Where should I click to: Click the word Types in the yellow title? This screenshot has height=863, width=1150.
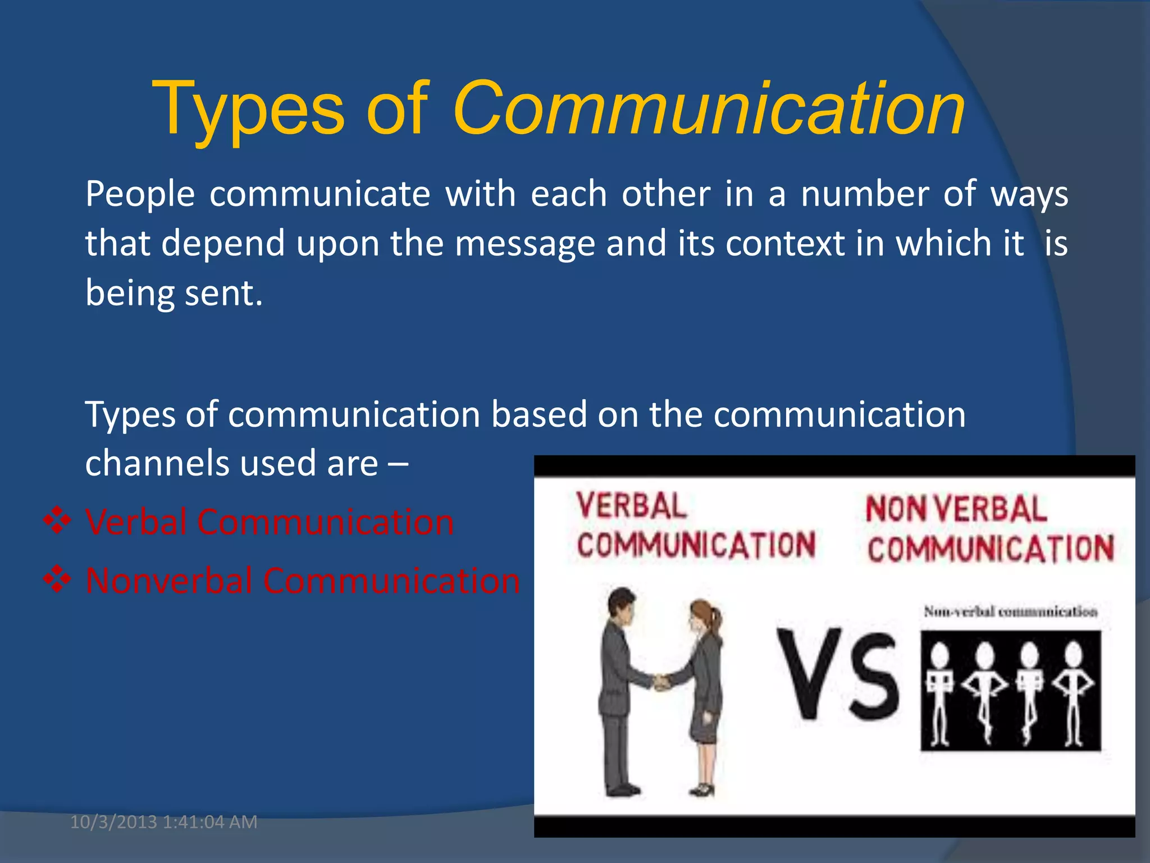(x=247, y=109)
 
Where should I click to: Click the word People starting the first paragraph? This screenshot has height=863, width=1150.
(x=140, y=194)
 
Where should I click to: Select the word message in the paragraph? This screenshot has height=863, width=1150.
(x=524, y=244)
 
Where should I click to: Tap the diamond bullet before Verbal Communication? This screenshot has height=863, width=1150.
(x=57, y=521)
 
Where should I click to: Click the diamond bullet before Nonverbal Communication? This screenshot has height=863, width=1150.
(x=57, y=579)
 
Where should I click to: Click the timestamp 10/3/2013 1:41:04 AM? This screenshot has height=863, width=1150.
(x=163, y=822)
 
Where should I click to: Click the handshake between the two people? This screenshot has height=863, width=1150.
(x=663, y=682)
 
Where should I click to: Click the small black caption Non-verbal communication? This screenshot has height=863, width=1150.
(x=1010, y=611)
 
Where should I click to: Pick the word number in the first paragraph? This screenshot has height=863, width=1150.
(x=864, y=194)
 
